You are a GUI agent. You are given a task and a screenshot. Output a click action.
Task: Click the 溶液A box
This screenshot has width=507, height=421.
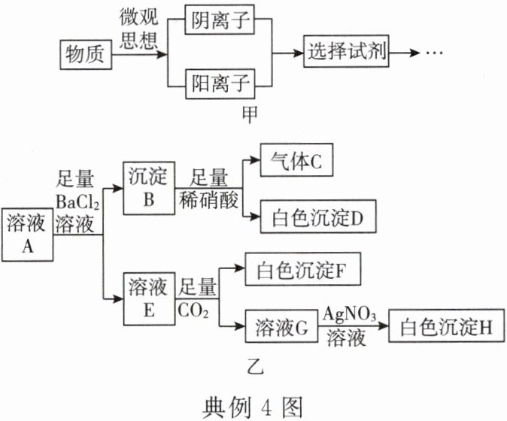pyautogui.click(x=26, y=233)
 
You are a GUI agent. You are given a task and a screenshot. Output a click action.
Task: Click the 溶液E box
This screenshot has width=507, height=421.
pyautogui.click(x=150, y=299)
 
